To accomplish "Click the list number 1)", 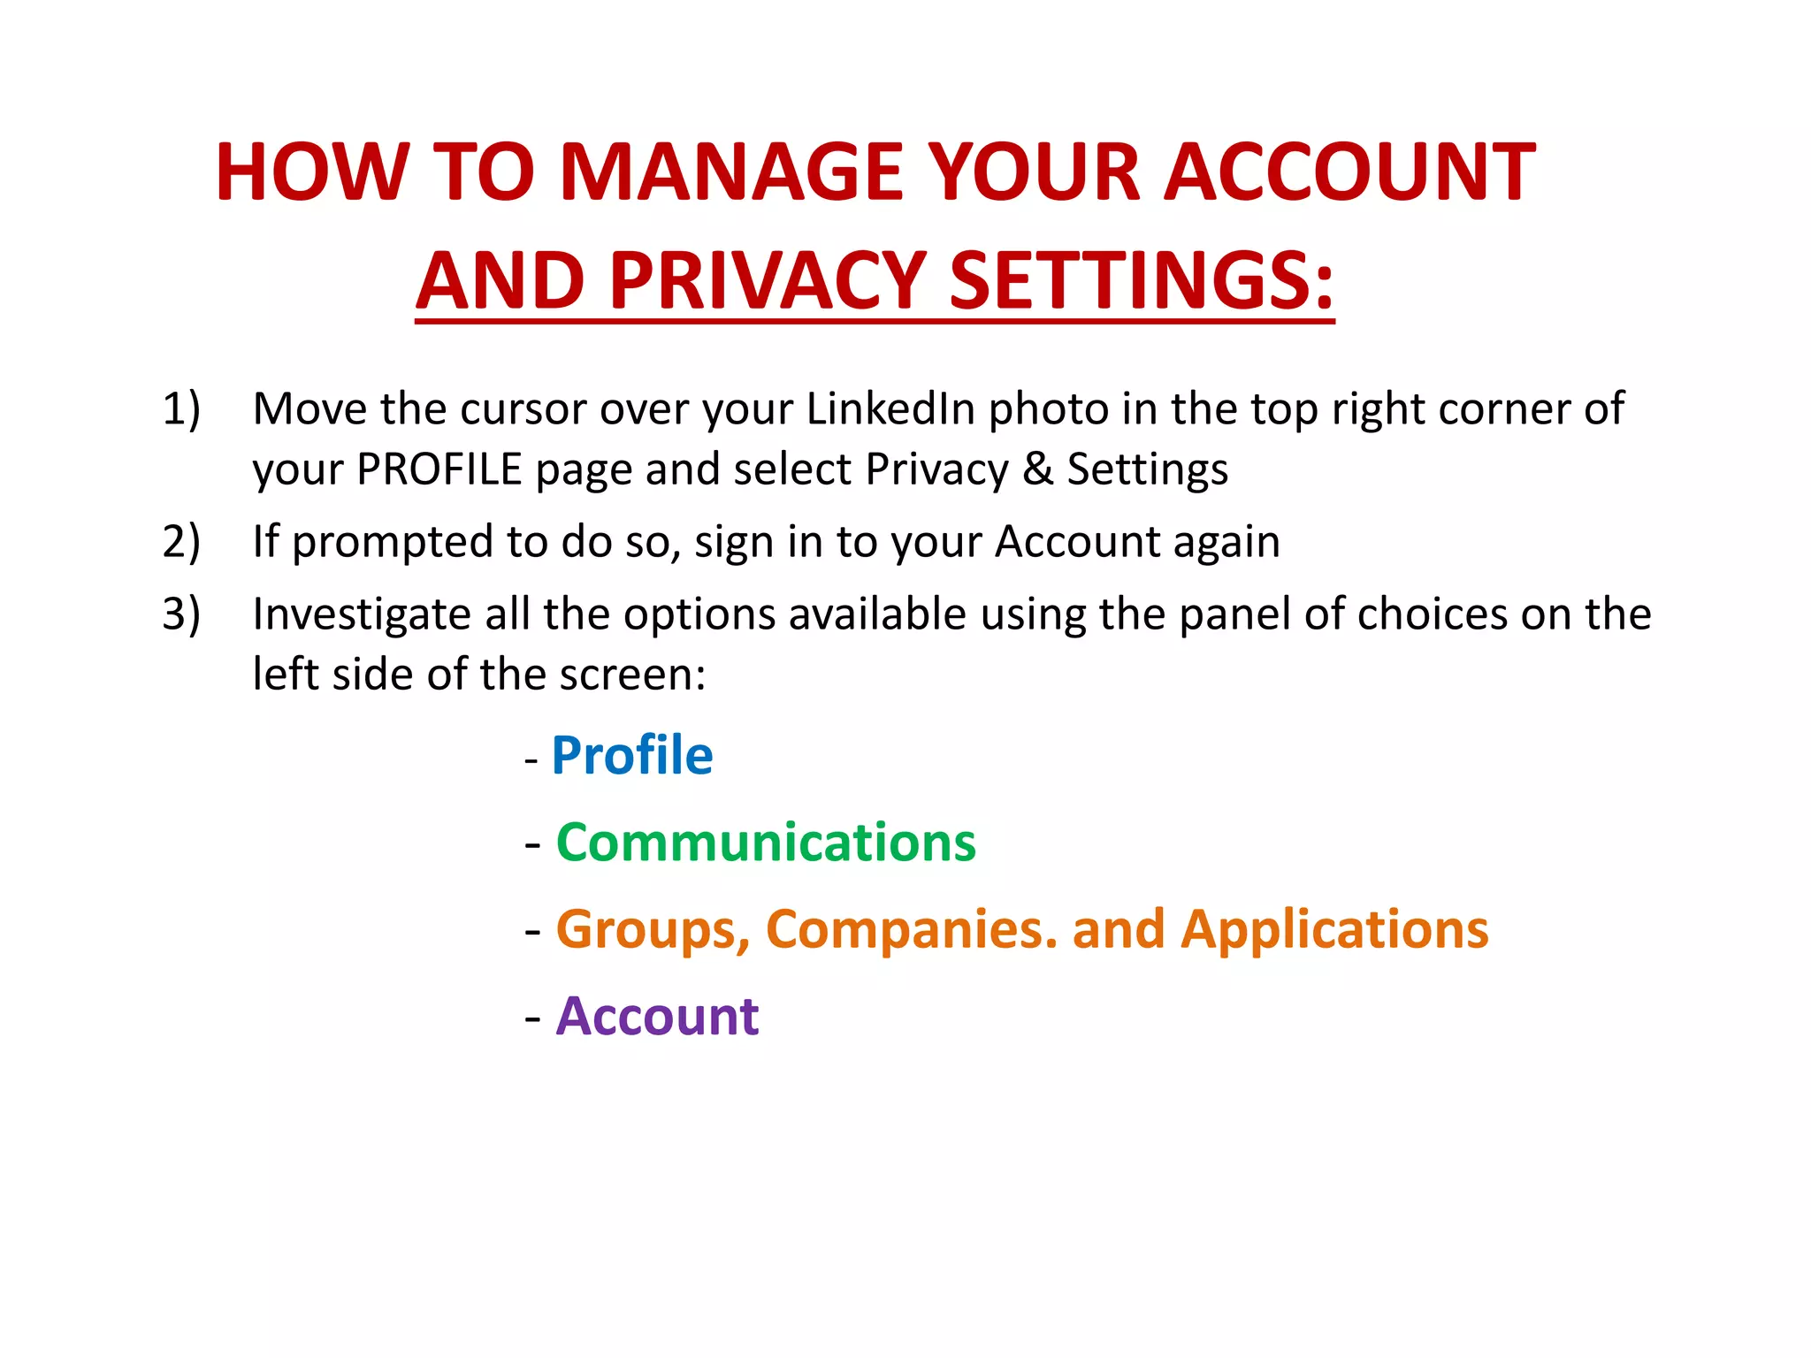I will pyautogui.click(x=181, y=409).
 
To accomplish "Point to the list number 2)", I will pyautogui.click(x=181, y=541).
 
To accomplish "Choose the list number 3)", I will pyautogui.click(x=181, y=614).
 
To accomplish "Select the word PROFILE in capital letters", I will pyautogui.click(x=439, y=469).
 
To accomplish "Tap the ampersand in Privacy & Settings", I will pyautogui.click(x=1037, y=469).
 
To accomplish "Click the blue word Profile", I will pyautogui.click(x=631, y=756).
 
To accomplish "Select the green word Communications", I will pyautogui.click(x=766, y=843).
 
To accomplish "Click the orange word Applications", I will pyautogui.click(x=1334, y=930).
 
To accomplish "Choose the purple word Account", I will pyautogui.click(x=657, y=1017).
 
